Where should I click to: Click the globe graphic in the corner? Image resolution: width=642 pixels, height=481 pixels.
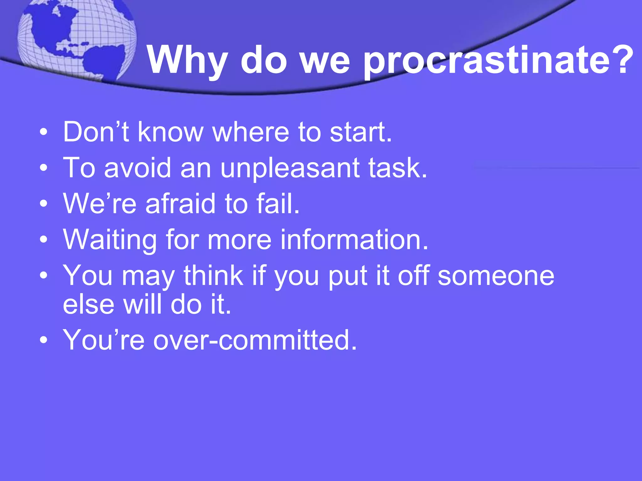[x=77, y=39]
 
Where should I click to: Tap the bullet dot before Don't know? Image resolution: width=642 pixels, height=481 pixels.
[x=44, y=132]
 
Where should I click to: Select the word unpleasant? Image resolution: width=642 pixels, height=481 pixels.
[x=290, y=168]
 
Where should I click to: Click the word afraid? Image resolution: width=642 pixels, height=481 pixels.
[x=181, y=204]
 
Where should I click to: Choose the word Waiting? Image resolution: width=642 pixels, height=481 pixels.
[x=110, y=240]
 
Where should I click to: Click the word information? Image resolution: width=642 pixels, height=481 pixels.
[x=354, y=240]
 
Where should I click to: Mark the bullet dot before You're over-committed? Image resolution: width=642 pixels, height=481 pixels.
[x=44, y=340]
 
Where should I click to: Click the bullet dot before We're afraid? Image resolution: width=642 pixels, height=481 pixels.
[x=44, y=204]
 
